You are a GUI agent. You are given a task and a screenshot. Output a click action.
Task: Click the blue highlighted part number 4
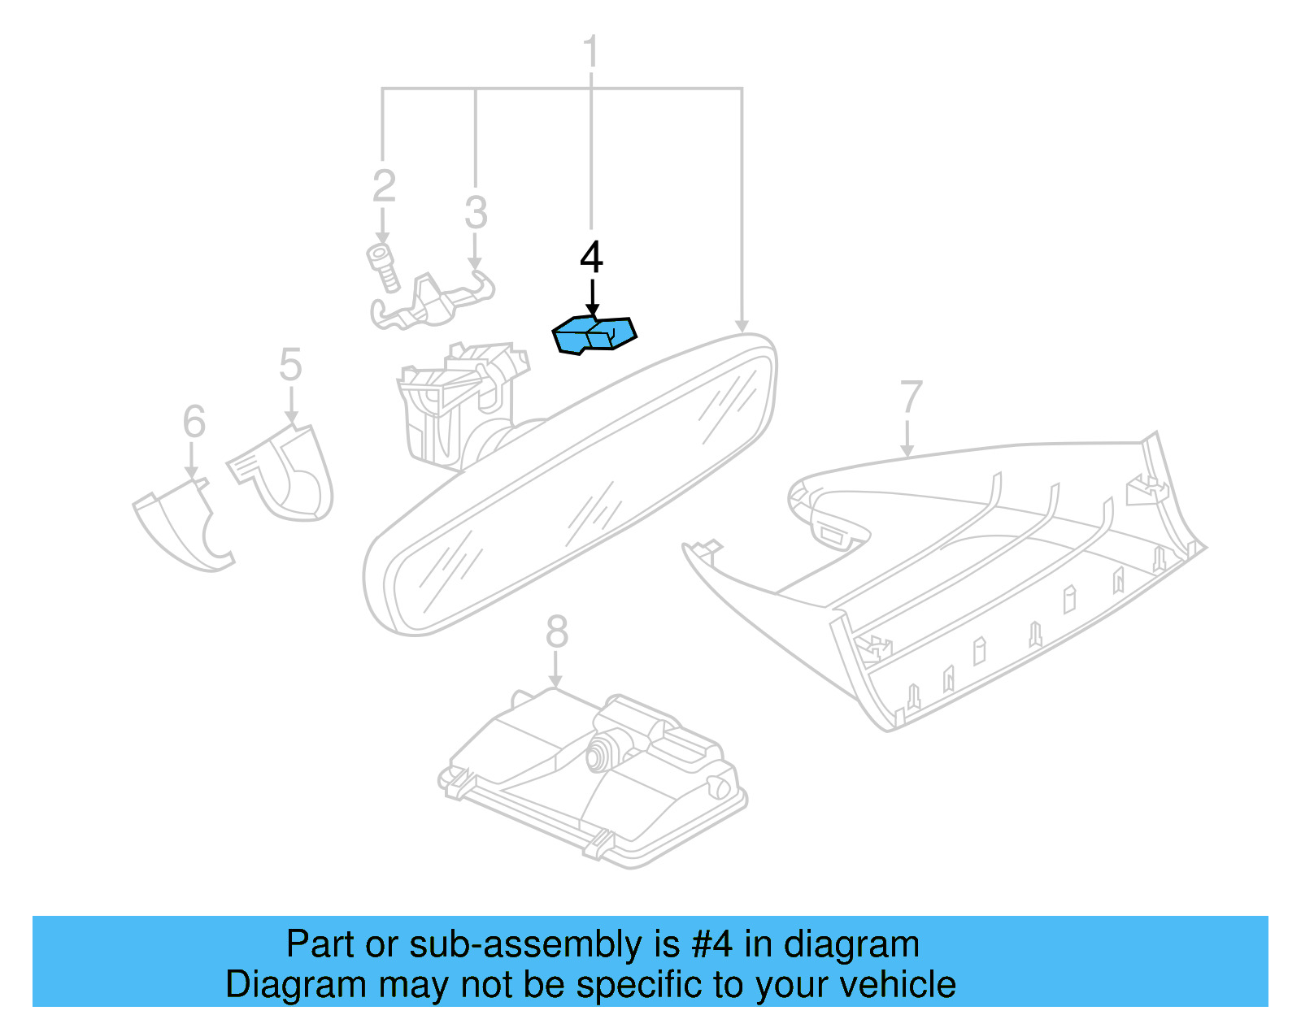[594, 335]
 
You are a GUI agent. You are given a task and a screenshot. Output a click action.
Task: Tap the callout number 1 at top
[591, 52]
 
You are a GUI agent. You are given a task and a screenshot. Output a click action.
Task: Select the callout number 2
[384, 187]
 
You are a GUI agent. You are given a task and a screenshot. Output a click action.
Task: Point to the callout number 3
[476, 213]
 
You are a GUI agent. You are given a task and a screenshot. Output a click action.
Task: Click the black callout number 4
[591, 258]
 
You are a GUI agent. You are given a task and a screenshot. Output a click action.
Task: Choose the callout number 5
[290, 365]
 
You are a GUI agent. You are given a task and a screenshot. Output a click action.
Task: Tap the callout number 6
[194, 422]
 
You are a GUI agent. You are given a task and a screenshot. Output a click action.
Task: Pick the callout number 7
[911, 398]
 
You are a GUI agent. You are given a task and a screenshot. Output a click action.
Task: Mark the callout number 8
[556, 631]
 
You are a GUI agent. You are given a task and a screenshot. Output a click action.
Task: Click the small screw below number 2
[382, 267]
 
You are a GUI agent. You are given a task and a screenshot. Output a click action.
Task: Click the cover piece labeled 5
[289, 475]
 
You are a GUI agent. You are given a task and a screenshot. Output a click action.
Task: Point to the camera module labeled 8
[594, 780]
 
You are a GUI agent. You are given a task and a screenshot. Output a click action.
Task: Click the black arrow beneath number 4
[592, 297]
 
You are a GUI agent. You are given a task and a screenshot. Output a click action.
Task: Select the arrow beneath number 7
[907, 438]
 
